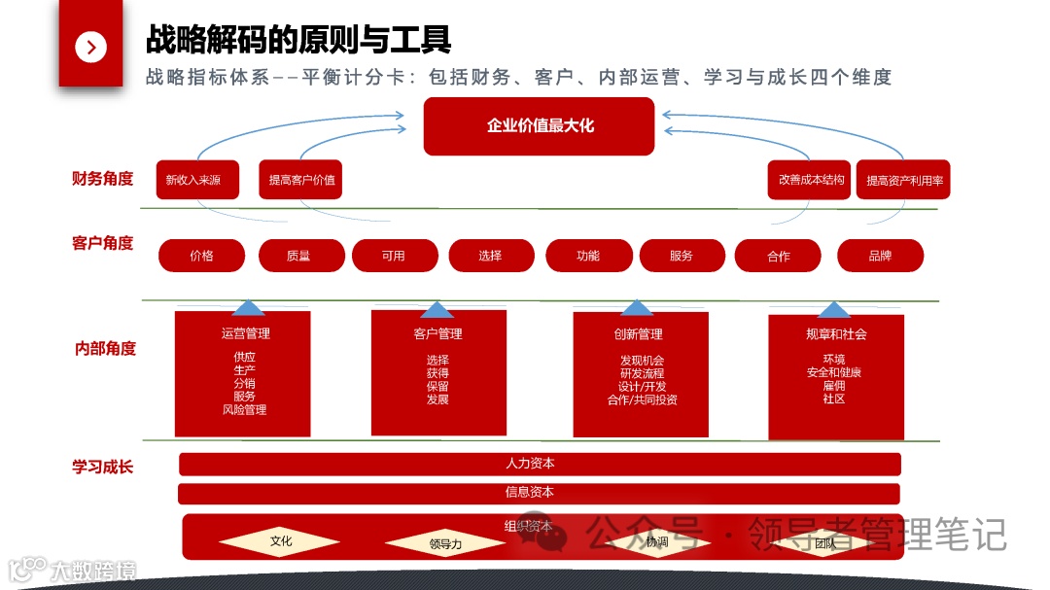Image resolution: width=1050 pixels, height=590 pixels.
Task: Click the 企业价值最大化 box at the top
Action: pos(540,126)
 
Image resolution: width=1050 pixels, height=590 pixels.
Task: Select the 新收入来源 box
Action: pos(197,180)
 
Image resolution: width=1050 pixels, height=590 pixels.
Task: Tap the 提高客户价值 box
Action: pos(301,180)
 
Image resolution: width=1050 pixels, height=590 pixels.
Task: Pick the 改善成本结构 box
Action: pos(810,180)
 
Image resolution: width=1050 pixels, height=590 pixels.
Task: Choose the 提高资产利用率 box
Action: pos(903,180)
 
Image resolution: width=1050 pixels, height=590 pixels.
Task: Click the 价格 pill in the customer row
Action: pos(202,256)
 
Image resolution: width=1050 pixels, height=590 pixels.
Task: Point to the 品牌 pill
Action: pos(880,256)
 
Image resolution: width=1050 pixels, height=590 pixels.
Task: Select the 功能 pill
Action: pos(588,256)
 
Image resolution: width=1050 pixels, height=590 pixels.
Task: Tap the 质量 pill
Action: pos(298,256)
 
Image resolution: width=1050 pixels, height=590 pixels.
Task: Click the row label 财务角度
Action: pos(102,179)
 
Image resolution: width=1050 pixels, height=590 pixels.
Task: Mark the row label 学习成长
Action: pos(102,467)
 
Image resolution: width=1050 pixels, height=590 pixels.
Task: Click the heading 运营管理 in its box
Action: pos(245,333)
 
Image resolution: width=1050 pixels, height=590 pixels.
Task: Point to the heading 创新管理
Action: pos(638,334)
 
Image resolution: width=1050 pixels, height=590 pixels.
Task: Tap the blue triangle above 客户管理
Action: pos(437,310)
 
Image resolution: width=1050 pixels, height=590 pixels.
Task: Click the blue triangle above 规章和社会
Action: pos(833,310)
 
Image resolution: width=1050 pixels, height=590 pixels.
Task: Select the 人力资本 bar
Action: pos(540,464)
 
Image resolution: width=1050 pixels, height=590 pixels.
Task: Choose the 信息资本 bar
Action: pos(540,493)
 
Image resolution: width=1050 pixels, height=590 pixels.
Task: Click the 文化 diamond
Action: pos(281,541)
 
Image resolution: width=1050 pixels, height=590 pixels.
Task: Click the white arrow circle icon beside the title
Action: pos(90,47)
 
